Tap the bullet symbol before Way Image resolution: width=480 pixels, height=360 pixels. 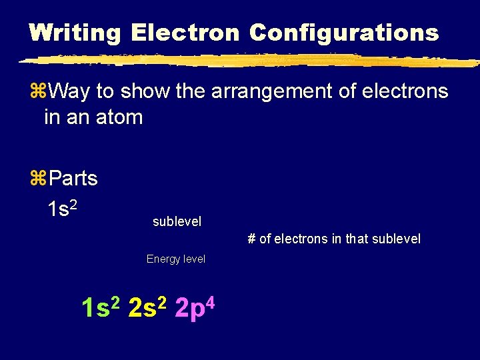click(37, 91)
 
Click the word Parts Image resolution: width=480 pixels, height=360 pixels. click(73, 179)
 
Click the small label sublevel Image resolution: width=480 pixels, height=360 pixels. click(177, 221)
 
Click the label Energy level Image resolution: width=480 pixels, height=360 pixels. click(176, 259)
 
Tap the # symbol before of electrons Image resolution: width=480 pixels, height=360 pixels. click(251, 239)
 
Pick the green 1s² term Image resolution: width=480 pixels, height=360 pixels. click(100, 308)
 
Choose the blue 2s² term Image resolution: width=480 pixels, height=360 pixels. click(147, 308)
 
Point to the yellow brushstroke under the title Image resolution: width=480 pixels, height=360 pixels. click(247, 61)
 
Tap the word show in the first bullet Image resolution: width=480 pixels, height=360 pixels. click(146, 91)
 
